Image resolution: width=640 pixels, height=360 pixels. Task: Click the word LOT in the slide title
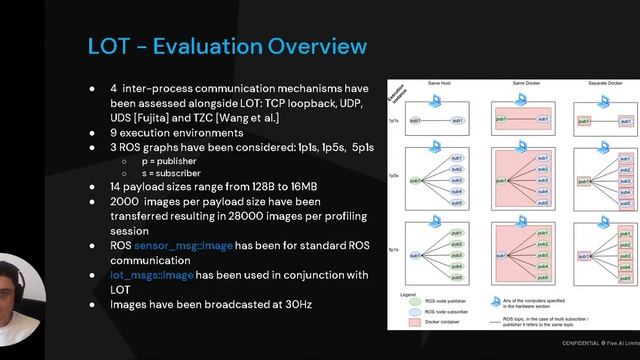coord(108,47)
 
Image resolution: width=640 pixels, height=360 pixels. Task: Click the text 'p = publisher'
coord(163,159)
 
